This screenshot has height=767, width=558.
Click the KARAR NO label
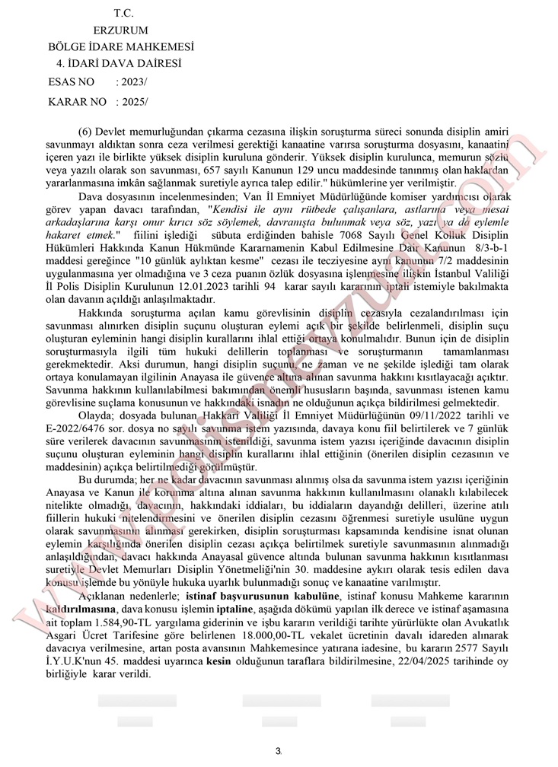click(77, 101)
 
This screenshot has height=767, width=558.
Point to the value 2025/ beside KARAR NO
click(132, 101)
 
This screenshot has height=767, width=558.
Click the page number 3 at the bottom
click(278, 751)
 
